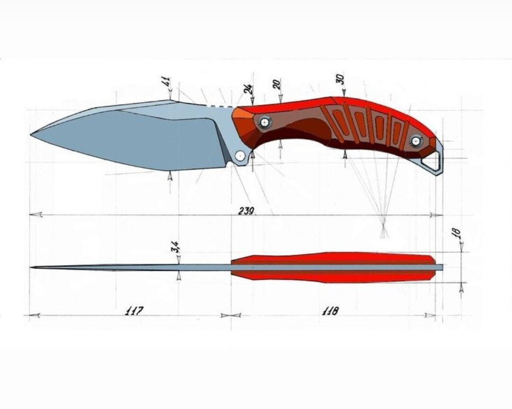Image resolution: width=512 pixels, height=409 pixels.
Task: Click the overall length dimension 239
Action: tap(247, 211)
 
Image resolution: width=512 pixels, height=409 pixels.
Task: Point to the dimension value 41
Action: tap(166, 81)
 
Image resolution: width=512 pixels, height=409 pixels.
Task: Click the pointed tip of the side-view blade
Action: tap(32, 134)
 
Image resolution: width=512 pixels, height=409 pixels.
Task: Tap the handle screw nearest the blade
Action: tap(264, 123)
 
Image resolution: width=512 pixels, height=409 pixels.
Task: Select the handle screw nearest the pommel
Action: tap(416, 141)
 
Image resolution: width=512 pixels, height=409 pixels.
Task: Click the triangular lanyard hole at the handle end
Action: tap(432, 162)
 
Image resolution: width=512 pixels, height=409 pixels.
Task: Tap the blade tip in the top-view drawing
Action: tap(31, 267)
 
